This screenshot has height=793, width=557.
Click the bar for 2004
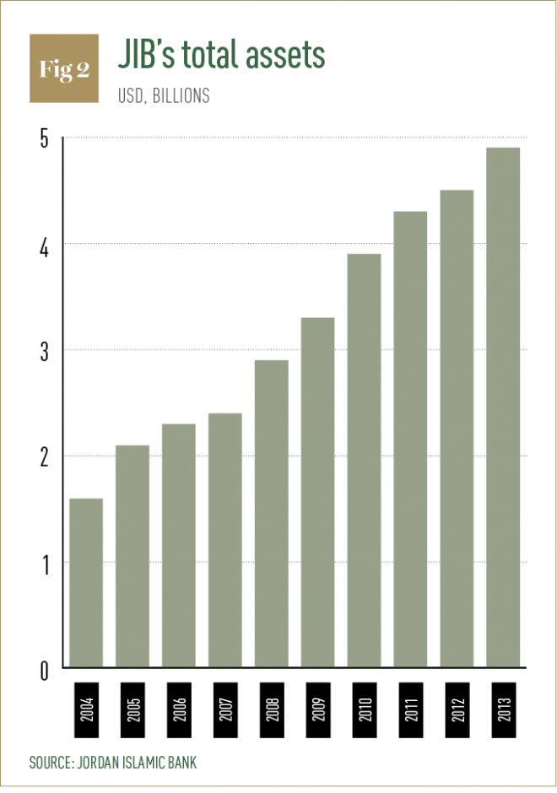pyautogui.click(x=86, y=583)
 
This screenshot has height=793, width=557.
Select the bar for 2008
pyautogui.click(x=272, y=513)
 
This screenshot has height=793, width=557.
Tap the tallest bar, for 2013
pyautogui.click(x=503, y=407)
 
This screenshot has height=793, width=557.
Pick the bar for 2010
pyautogui.click(x=365, y=461)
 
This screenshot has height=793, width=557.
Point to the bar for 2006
pyautogui.click(x=179, y=545)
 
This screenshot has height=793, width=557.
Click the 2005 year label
pyautogui.click(x=132, y=709)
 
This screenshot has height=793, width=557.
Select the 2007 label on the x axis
pyautogui.click(x=225, y=709)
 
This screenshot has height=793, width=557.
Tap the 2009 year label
pyautogui.click(x=318, y=709)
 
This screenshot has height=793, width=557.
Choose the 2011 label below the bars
pyautogui.click(x=411, y=709)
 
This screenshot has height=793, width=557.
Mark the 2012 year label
pyautogui.click(x=457, y=709)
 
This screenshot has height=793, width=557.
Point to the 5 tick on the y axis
pyautogui.click(x=45, y=138)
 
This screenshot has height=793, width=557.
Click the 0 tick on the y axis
pyautogui.click(x=45, y=671)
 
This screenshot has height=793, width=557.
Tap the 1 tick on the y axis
pyautogui.click(x=46, y=564)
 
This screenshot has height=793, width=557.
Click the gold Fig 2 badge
pyautogui.click(x=64, y=68)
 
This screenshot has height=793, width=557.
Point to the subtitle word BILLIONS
pyautogui.click(x=181, y=95)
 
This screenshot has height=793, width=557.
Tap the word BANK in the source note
pyautogui.click(x=182, y=762)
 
